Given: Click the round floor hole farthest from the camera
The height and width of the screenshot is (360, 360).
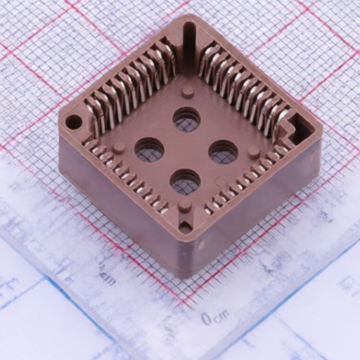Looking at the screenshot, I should pyautogui.click(x=186, y=120).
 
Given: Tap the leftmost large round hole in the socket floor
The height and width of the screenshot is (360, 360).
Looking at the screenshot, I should pyautogui.click(x=149, y=149).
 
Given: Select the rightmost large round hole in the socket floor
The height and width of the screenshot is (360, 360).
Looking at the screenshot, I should pyautogui.click(x=223, y=150).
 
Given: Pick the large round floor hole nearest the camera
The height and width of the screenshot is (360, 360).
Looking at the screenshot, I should pyautogui.click(x=185, y=182).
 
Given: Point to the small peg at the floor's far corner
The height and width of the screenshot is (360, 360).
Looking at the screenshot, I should pyautogui.click(x=187, y=91).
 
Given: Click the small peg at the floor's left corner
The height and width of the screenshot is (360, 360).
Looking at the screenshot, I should pyautogui.click(x=120, y=148).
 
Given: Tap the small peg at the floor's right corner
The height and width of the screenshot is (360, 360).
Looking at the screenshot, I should pyautogui.click(x=253, y=151).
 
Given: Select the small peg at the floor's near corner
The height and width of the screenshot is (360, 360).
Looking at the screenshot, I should pyautogui.click(x=184, y=206).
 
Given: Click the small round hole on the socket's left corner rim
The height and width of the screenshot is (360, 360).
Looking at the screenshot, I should pyautogui.click(x=73, y=122).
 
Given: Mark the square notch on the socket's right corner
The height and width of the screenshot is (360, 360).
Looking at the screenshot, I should pyautogui.click(x=300, y=128).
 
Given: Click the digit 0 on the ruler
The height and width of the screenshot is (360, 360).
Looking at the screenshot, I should pyautogui.click(x=206, y=319).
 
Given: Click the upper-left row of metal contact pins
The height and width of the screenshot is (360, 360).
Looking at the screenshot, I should pyautogui.click(x=130, y=84).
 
